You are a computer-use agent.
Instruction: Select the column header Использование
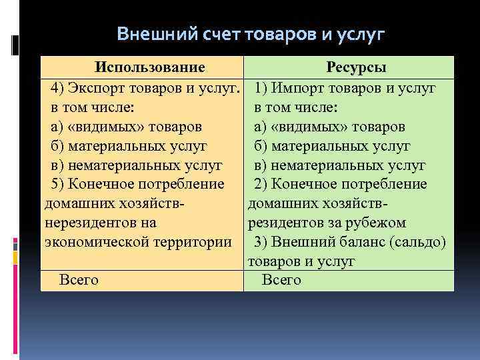pyautogui.click(x=149, y=67)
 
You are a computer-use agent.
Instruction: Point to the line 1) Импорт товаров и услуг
pyautogui.click(x=345, y=88)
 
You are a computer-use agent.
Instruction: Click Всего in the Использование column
pyautogui.click(x=79, y=280)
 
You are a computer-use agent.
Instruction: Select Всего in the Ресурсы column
pyautogui.click(x=281, y=280)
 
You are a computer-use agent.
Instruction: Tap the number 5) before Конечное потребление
pyautogui.click(x=56, y=183)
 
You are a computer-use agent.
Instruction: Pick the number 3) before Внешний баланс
pyautogui.click(x=261, y=241)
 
